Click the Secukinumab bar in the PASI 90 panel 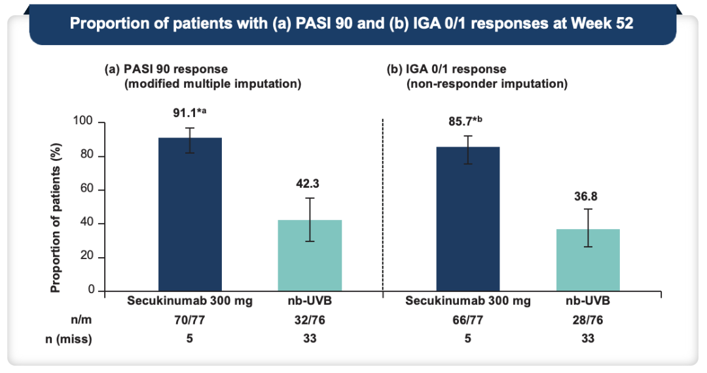190,215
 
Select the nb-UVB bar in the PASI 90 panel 310,255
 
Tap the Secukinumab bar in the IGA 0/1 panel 468,219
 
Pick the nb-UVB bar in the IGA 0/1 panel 588,260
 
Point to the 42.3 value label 308,183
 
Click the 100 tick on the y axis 82,120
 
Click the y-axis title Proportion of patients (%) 55,218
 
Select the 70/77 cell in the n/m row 190,320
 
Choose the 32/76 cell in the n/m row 310,320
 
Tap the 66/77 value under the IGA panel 468,320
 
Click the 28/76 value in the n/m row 588,320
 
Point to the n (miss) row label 69,339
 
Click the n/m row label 81,320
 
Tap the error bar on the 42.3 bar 310,220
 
